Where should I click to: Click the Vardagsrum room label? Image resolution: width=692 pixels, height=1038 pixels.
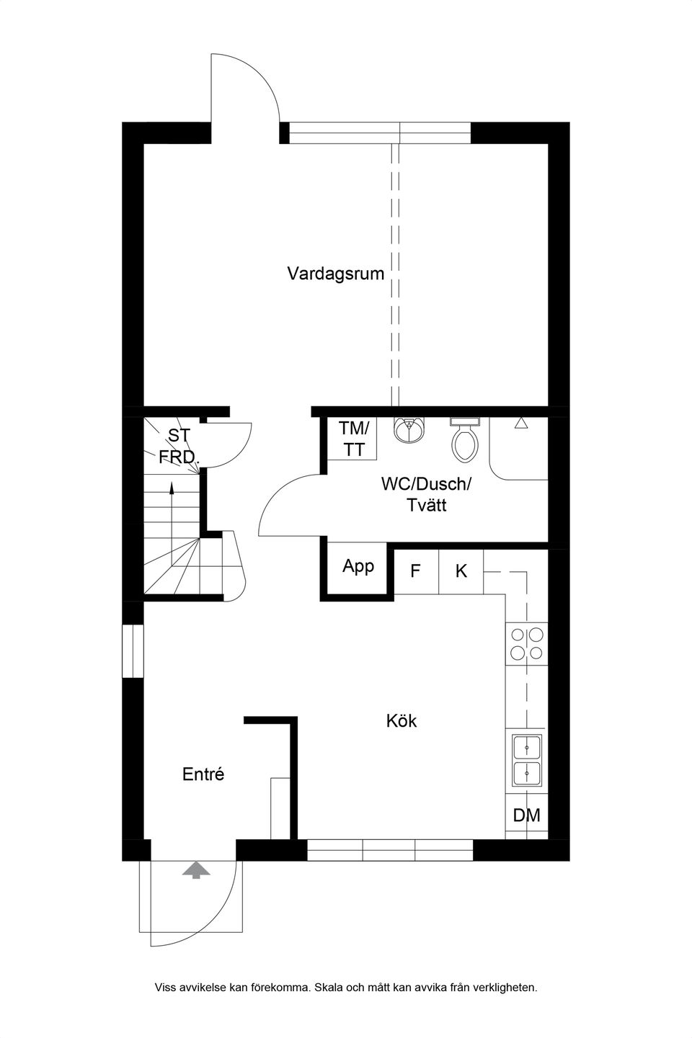pyautogui.click(x=335, y=274)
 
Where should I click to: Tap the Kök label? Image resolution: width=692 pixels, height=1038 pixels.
pyautogui.click(x=402, y=720)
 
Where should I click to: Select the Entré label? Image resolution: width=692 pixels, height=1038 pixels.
pyautogui.click(x=203, y=774)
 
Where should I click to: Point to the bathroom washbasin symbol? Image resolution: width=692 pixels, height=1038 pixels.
pyautogui.click(x=409, y=430)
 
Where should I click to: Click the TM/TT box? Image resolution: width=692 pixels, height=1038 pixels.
pyautogui.click(x=354, y=439)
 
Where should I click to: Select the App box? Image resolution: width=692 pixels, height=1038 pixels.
pyautogui.click(x=358, y=566)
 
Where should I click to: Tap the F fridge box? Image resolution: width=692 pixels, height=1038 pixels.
pyautogui.click(x=416, y=571)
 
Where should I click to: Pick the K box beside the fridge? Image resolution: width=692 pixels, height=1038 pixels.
pyautogui.click(x=461, y=571)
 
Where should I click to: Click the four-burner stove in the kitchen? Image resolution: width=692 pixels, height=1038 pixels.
pyautogui.click(x=526, y=644)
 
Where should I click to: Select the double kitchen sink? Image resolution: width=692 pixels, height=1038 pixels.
pyautogui.click(x=527, y=761)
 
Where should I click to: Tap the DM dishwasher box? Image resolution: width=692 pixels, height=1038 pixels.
pyautogui.click(x=526, y=815)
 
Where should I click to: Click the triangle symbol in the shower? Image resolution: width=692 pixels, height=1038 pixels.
pyautogui.click(x=521, y=423)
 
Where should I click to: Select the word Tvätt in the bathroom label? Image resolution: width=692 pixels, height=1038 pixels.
pyautogui.click(x=426, y=506)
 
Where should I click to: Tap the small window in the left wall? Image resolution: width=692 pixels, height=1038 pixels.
pyautogui.click(x=133, y=651)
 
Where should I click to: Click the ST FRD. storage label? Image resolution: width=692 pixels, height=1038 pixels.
pyautogui.click(x=177, y=446)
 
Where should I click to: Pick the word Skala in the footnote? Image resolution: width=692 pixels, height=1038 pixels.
pyautogui.click(x=329, y=988)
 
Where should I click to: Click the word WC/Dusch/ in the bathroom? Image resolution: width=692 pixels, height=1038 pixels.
pyautogui.click(x=426, y=484)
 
